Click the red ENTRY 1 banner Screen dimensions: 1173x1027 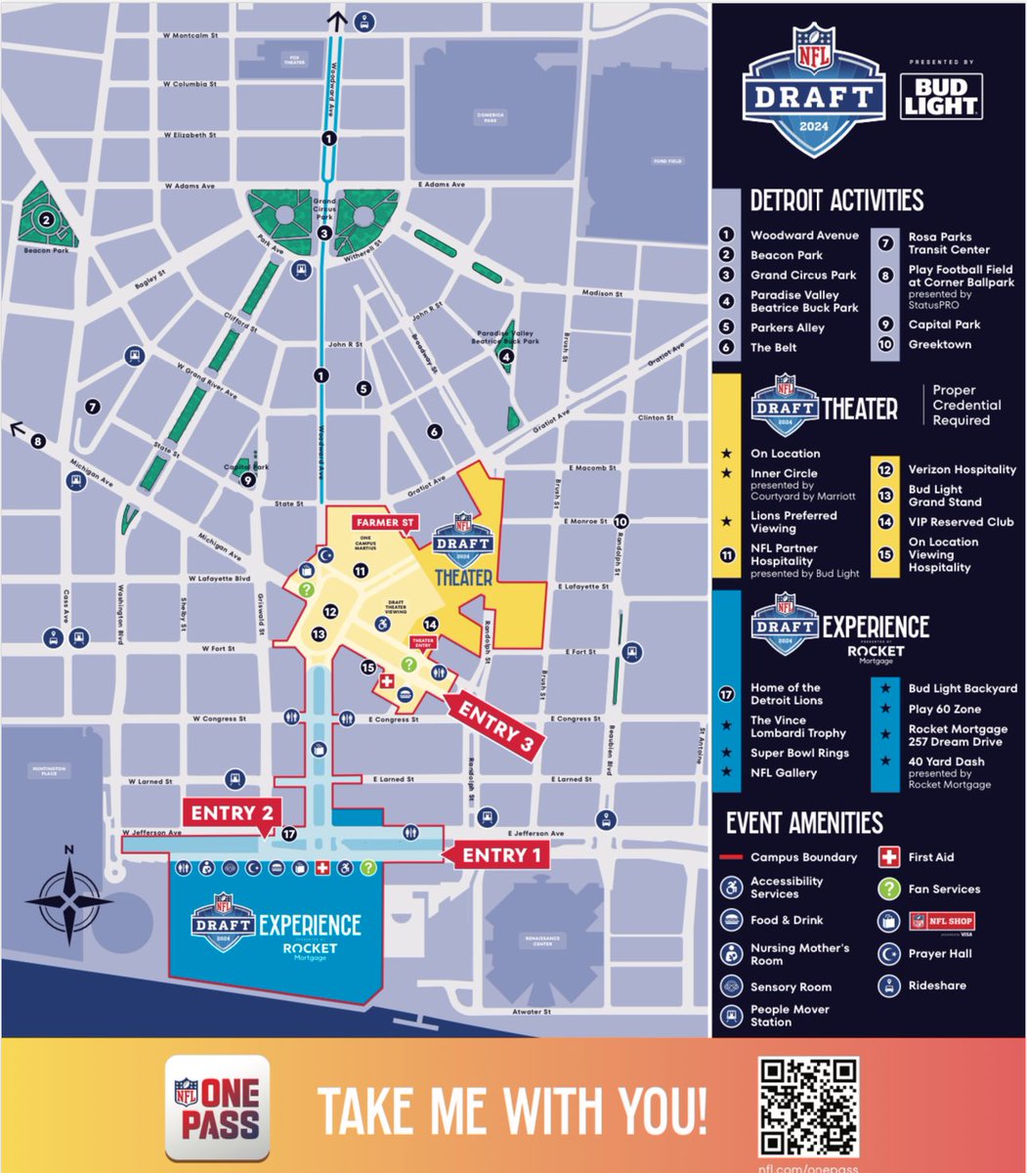[x=494, y=855]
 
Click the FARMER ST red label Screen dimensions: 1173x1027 [x=384, y=523]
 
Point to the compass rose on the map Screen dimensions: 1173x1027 [x=68, y=895]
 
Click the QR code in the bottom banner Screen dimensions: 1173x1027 [x=808, y=1106]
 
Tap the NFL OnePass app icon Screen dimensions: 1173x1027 [x=217, y=1108]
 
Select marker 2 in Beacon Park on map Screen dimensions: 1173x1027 [x=45, y=220]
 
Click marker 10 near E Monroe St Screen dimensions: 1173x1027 [x=621, y=522]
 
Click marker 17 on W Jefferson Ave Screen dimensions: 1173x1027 [x=288, y=835]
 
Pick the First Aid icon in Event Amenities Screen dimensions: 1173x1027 [x=888, y=857]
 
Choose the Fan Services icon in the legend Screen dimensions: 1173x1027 [x=888, y=889]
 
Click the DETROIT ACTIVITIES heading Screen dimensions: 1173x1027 [x=836, y=201]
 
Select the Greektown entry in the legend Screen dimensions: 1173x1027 [x=938, y=344]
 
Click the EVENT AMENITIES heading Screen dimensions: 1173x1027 [x=803, y=823]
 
